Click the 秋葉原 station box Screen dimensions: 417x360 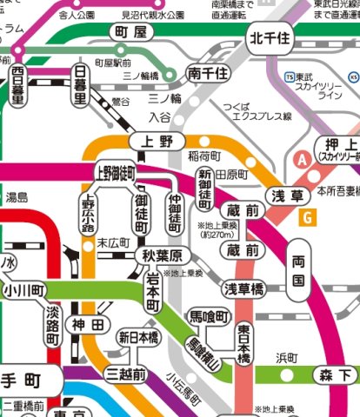click(162, 255)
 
